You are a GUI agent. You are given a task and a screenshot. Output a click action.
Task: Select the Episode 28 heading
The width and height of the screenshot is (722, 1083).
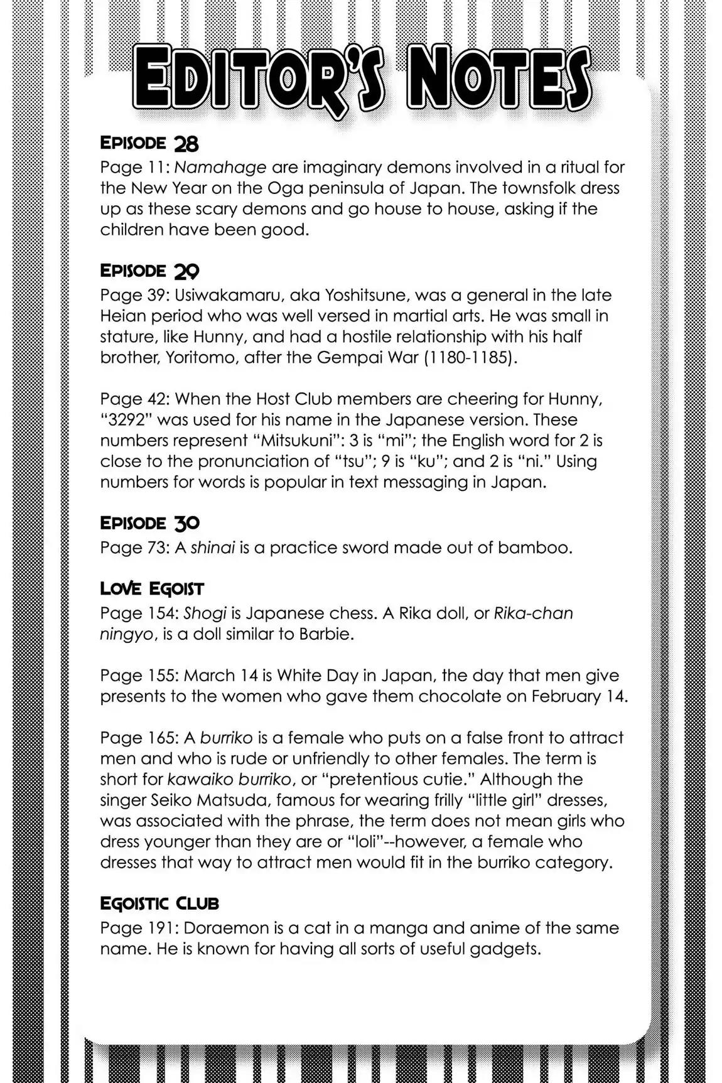click(149, 144)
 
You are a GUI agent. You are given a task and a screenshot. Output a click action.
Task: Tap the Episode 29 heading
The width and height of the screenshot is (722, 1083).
click(150, 271)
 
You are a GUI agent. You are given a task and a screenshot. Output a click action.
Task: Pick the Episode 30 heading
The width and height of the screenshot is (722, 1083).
click(150, 523)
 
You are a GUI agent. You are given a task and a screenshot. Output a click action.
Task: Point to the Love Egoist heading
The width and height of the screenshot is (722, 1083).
click(152, 589)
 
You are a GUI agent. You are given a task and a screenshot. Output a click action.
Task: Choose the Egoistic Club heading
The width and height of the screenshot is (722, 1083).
click(159, 903)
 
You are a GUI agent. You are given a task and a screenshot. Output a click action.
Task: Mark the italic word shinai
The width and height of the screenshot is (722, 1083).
click(213, 547)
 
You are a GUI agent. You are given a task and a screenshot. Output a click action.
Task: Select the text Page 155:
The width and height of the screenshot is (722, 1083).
click(134, 676)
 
